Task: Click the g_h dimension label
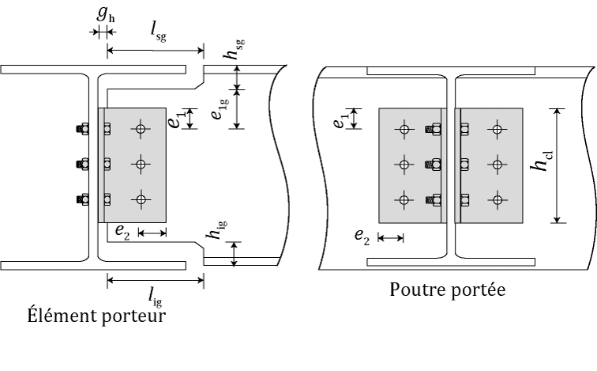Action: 106,13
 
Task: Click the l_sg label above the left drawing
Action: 159,32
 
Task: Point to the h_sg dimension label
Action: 234,49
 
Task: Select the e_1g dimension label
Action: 220,108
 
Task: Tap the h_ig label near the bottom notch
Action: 217,230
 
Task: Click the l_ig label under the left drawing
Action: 156,297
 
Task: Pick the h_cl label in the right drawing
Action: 541,161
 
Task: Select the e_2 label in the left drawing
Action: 122,232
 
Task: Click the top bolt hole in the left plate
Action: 141,129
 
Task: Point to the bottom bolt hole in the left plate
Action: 141,199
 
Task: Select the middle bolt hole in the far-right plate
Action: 497,165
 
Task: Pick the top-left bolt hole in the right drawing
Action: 404,130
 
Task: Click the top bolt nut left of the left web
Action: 83,129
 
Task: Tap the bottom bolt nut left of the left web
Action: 83,199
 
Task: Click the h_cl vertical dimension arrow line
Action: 557,165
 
